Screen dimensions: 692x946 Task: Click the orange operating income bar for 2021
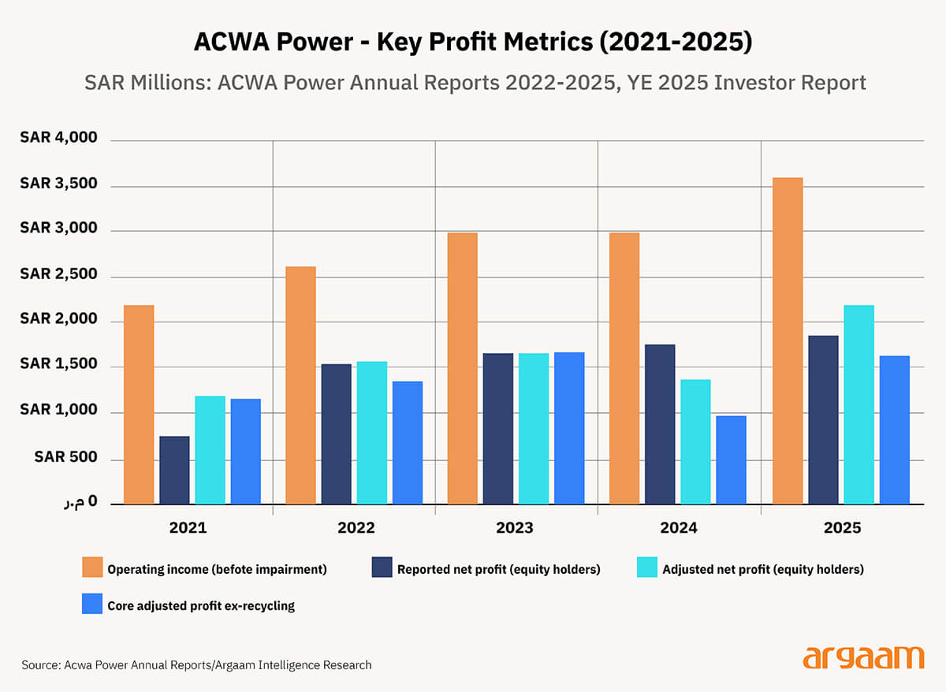[x=139, y=404]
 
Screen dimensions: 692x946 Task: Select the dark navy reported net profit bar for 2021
[x=174, y=470]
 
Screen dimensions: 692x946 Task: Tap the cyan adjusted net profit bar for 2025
[x=858, y=404]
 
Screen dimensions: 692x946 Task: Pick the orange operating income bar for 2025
[x=788, y=340]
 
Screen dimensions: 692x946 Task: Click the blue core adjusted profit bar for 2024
[x=731, y=459]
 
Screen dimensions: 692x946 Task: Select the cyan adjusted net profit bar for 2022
[x=372, y=433]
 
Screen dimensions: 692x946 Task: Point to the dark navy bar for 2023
[x=497, y=429]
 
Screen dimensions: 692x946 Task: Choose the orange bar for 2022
[x=300, y=385]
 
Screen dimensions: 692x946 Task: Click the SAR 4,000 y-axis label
[x=58, y=138]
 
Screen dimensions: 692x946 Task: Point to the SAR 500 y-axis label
[x=65, y=458]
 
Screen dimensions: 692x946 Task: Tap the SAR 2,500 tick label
[x=58, y=274]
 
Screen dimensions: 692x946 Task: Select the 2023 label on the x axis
[x=514, y=528]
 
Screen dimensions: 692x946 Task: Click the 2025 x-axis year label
[x=842, y=528]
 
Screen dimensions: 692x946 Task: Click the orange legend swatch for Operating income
[x=92, y=568]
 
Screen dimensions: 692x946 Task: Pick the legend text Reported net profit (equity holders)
[x=498, y=569]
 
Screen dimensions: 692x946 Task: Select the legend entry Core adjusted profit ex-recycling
[x=200, y=606]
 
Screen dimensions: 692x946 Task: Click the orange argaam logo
[x=863, y=657]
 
